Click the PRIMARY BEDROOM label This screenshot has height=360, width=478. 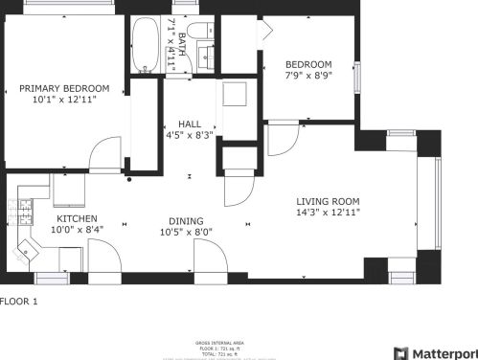(x=64, y=88)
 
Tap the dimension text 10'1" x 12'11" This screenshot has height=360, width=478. (x=64, y=100)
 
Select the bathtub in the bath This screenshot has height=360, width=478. (x=146, y=45)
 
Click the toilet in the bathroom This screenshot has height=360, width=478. (x=202, y=31)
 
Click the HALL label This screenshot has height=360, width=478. (x=189, y=124)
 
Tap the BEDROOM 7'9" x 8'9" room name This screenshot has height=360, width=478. (x=308, y=65)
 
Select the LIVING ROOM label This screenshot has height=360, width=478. (x=329, y=201)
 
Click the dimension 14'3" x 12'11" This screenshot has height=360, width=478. (x=329, y=213)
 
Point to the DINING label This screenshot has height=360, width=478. (x=186, y=219)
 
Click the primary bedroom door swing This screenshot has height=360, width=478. (x=106, y=153)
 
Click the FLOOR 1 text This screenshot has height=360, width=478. (x=19, y=302)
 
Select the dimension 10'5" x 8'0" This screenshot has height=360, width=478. (x=186, y=231)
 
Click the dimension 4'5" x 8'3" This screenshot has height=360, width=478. (x=189, y=136)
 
